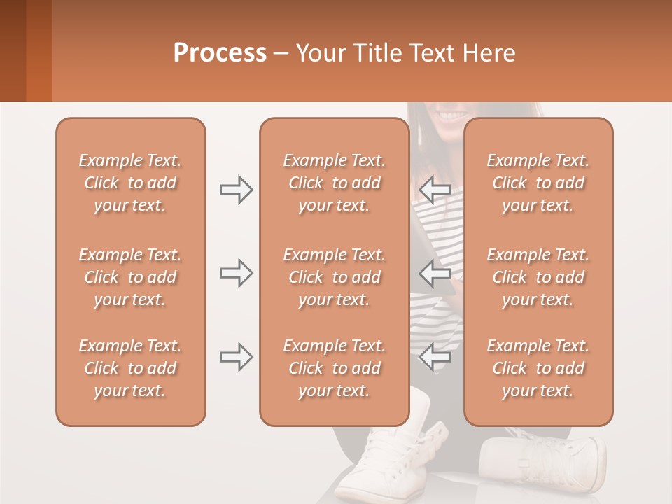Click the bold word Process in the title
220,53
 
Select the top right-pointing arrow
236,190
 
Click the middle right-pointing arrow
236,273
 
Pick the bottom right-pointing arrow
236,357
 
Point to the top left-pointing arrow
435,188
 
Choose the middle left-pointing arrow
435,273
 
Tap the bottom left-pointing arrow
435,357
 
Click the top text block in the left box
130,183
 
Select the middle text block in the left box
130,277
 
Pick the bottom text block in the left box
130,368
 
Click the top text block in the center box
334,183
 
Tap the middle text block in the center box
334,277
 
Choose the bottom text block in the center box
334,368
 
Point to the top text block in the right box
538,183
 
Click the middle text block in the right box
538,277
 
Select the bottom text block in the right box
538,368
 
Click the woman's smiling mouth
453,113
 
